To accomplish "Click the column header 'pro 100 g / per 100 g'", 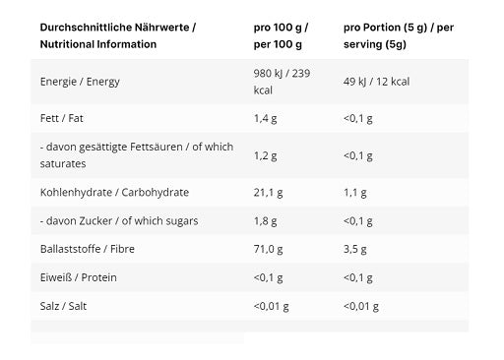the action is pyautogui.click(x=281, y=35).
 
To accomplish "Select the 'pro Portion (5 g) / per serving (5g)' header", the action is pyautogui.click(x=399, y=35).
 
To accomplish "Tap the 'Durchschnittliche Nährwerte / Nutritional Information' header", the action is pyautogui.click(x=118, y=35).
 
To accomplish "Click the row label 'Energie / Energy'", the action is pyautogui.click(x=80, y=82).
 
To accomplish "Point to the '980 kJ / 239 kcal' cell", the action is pyautogui.click(x=282, y=82).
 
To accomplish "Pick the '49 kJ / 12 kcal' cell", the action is pyautogui.click(x=376, y=82).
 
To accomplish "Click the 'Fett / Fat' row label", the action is pyautogui.click(x=61, y=118).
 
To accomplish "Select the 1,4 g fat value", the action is pyautogui.click(x=265, y=118).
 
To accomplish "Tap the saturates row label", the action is pyautogui.click(x=137, y=155).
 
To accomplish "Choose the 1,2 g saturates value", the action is pyautogui.click(x=265, y=155).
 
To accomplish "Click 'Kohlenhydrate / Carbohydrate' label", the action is pyautogui.click(x=114, y=193).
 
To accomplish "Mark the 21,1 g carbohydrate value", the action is pyautogui.click(x=268, y=193).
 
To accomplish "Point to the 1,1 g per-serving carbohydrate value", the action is pyautogui.click(x=355, y=193).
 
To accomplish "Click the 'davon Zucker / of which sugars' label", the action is pyautogui.click(x=119, y=221).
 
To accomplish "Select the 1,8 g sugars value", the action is pyautogui.click(x=265, y=221).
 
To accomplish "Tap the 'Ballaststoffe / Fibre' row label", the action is pyautogui.click(x=88, y=249).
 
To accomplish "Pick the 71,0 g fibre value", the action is pyautogui.click(x=268, y=249).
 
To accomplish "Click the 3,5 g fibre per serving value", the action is pyautogui.click(x=355, y=249).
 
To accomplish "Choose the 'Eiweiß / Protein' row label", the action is pyautogui.click(x=79, y=277).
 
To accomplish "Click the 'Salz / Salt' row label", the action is pyautogui.click(x=63, y=306).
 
